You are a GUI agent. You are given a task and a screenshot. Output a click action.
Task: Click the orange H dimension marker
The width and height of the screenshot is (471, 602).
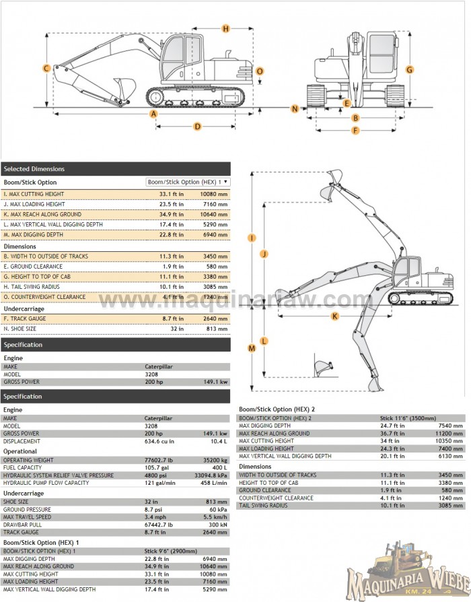click(x=225, y=28)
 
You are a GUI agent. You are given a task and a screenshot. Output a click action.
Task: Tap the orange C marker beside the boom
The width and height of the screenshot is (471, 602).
click(x=46, y=68)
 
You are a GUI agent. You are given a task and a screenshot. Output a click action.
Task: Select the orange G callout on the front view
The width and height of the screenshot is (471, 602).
click(x=409, y=69)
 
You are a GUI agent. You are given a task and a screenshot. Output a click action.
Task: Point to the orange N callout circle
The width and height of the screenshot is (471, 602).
click(x=295, y=108)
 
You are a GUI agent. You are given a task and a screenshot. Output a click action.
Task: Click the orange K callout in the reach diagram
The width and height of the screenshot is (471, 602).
click(x=334, y=315)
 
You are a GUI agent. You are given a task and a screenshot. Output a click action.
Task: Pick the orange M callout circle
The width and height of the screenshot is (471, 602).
click(x=252, y=348)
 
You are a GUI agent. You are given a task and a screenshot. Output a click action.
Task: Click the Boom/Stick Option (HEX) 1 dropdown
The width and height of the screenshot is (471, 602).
click(x=188, y=182)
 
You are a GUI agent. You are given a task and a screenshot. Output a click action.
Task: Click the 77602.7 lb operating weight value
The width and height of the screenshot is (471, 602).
click(x=159, y=459)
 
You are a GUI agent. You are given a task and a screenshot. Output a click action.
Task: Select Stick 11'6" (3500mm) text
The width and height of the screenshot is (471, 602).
click(x=408, y=418)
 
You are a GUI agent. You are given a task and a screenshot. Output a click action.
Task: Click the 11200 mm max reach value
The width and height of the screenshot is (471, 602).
click(x=450, y=433)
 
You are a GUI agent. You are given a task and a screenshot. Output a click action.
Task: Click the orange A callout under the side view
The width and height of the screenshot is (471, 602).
click(x=153, y=113)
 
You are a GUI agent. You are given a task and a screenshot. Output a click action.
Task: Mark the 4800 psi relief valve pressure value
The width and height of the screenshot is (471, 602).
click(x=155, y=475)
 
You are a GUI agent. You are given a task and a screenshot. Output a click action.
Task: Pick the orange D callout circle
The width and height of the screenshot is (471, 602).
click(x=198, y=126)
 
